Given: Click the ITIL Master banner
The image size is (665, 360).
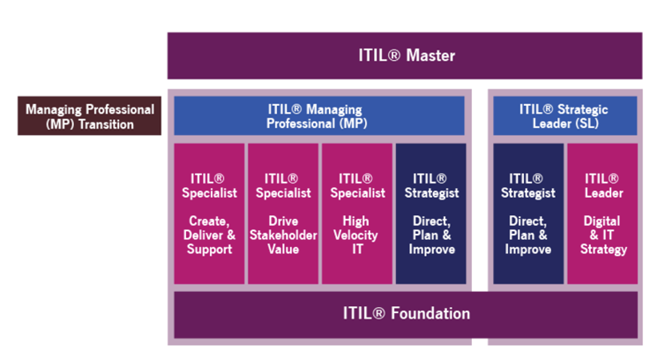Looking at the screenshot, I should (405, 56).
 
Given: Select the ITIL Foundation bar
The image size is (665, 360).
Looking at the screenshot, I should (405, 314).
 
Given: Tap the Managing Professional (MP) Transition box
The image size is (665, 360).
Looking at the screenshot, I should (89, 116).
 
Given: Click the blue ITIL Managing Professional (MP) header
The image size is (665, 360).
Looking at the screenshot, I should (318, 116).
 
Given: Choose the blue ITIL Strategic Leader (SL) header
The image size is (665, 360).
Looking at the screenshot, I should (564, 116).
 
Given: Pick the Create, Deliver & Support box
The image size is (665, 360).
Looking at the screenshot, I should (209, 214).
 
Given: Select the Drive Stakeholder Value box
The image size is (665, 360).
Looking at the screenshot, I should (283, 214).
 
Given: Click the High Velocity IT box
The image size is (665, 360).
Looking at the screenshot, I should (357, 214).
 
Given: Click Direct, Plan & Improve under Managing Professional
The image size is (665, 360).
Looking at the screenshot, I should (430, 214).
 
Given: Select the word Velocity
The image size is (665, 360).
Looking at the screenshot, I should (357, 236).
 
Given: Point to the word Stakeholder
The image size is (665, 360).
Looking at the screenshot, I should (283, 236).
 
